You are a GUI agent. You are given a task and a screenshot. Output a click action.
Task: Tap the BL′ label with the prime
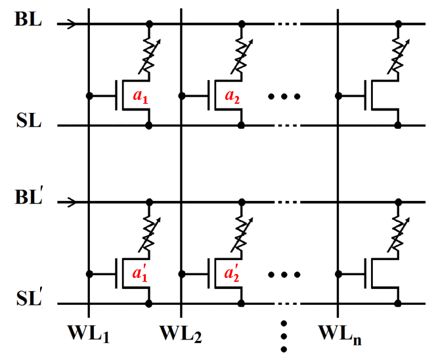(x=30, y=196)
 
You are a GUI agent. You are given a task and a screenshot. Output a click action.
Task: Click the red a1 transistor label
(x=140, y=96)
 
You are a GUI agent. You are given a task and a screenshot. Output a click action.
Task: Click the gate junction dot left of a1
(x=88, y=96)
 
